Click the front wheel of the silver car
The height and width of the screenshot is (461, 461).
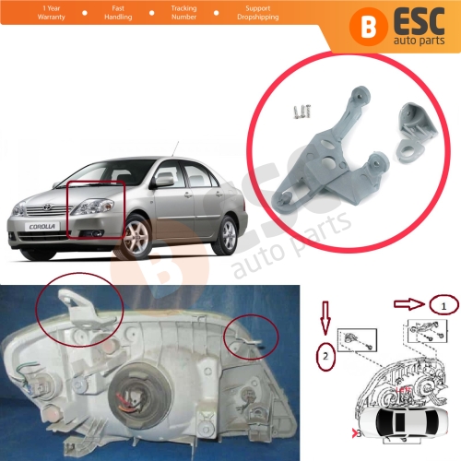click(x=137, y=237)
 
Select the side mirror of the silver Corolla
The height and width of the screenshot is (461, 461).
click(x=162, y=181)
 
